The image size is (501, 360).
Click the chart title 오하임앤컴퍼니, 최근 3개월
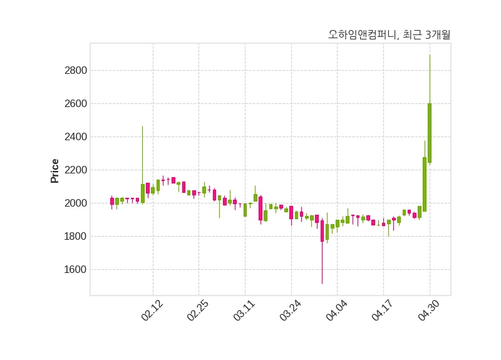389,35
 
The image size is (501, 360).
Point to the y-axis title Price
55,171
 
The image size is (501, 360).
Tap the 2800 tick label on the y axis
75,70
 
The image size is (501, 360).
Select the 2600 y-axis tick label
75,103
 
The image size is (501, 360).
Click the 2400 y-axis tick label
75,136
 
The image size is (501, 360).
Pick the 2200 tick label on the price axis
75,170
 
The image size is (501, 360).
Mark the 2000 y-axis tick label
75,203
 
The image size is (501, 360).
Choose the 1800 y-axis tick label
75,236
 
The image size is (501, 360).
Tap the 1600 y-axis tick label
75,269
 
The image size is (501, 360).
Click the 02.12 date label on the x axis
152,311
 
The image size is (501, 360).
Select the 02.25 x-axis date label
198,311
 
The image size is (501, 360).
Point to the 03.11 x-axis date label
244,311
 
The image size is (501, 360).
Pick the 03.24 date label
291,311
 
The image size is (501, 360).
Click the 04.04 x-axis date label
336,311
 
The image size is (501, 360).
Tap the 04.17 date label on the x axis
383,311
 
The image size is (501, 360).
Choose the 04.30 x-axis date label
429,311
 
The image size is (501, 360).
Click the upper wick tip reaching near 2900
430,56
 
